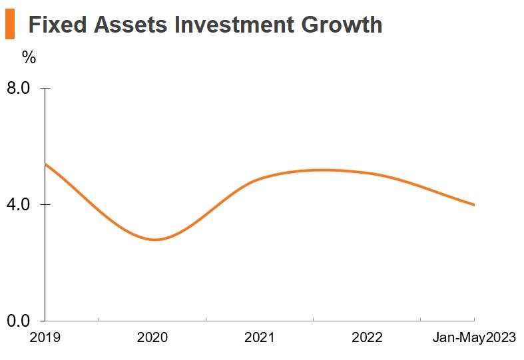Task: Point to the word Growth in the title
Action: (342, 25)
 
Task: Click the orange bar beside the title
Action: (9, 25)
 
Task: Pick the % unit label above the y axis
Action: (29, 57)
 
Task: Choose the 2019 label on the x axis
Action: (45, 337)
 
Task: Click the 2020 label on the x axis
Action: (152, 337)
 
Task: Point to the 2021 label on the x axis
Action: (259, 337)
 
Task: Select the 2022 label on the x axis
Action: (367, 337)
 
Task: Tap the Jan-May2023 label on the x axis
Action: (474, 337)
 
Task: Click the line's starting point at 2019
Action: (45, 164)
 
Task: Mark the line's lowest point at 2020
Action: (154, 240)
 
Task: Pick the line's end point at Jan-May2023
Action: (474, 205)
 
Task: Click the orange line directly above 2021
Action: (260, 178)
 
